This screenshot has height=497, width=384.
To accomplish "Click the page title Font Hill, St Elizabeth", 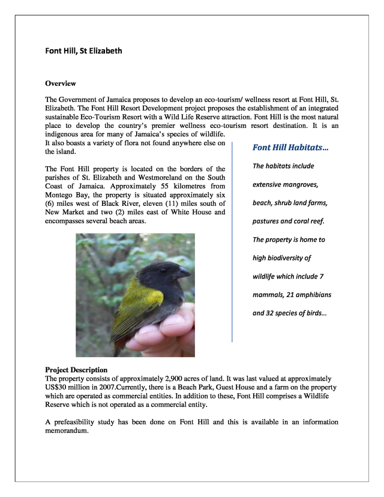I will coord(83,51).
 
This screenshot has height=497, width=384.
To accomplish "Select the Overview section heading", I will coord(61,83).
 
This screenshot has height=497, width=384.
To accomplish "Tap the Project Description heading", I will coord(76,370).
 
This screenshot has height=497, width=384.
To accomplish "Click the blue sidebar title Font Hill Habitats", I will coord(290,148).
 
